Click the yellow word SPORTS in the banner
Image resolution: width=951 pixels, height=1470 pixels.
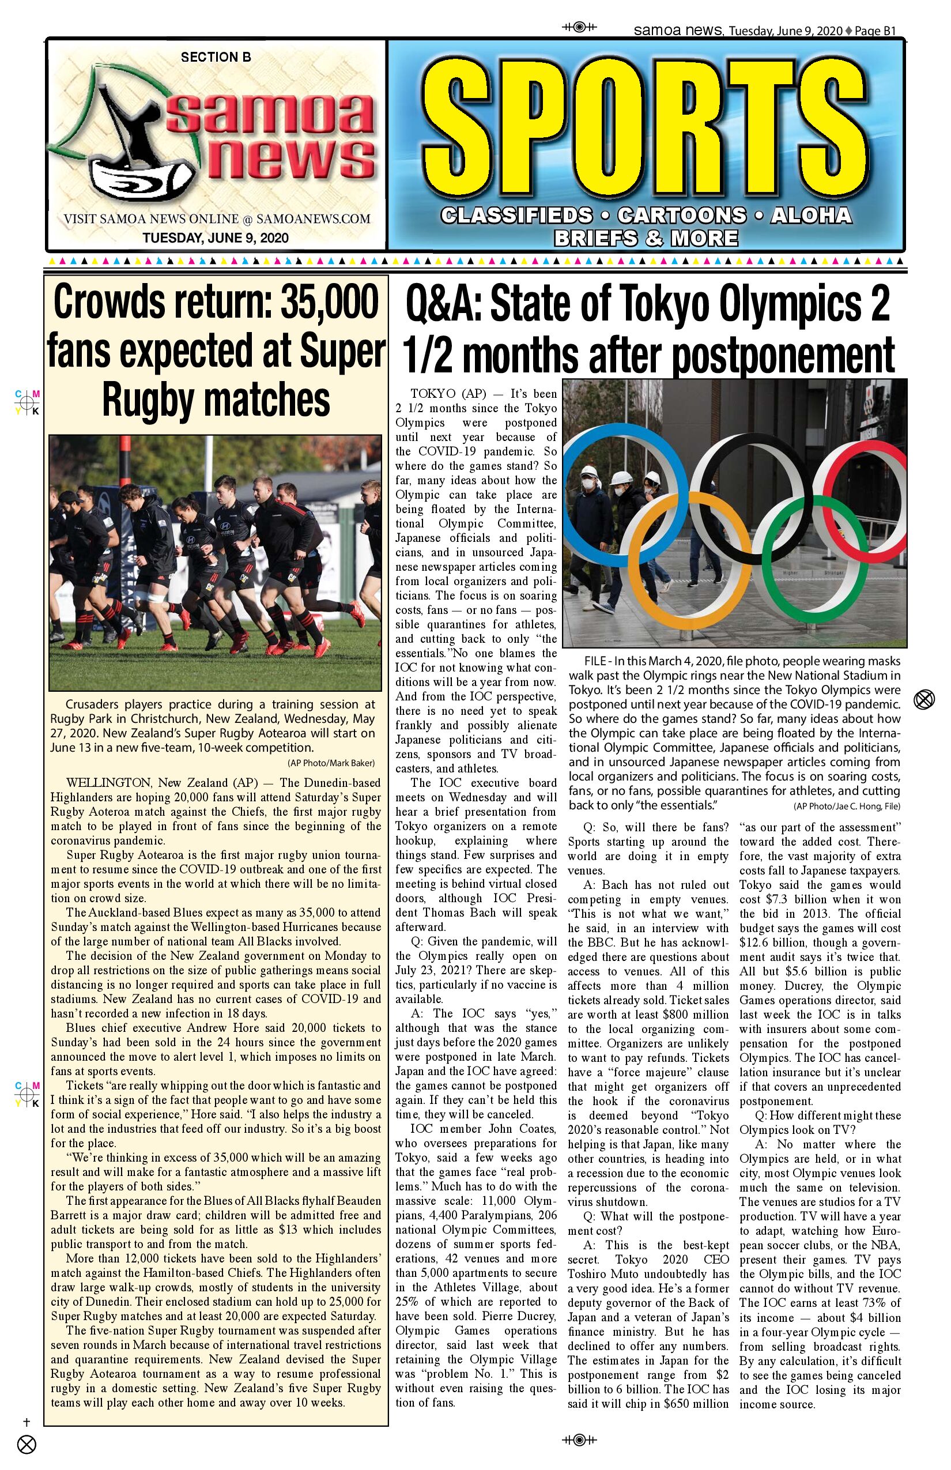[646, 129]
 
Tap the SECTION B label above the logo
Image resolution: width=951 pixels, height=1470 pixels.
[216, 58]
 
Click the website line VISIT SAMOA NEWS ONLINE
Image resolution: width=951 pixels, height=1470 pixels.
[217, 218]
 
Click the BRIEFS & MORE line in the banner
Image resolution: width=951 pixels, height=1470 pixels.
[646, 238]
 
